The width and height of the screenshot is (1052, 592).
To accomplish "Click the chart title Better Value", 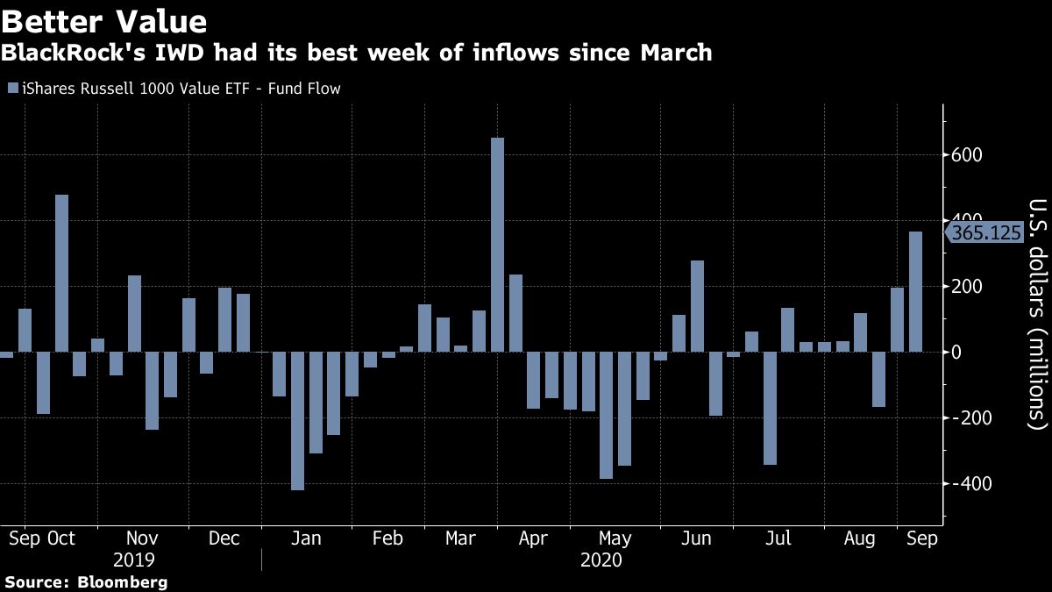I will tap(104, 21).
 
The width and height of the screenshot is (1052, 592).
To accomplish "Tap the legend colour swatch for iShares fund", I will tap(11, 89).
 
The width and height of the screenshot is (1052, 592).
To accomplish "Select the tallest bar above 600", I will tap(497, 245).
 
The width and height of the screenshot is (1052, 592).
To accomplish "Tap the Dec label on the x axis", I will tap(224, 538).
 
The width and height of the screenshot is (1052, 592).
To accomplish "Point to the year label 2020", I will tap(601, 560).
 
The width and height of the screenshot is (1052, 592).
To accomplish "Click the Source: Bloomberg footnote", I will tap(86, 582).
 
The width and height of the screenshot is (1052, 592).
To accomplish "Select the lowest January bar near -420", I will tap(297, 421).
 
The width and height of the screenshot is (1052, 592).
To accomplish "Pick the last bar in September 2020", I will tap(915, 292).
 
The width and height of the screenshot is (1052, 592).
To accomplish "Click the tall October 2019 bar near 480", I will tap(61, 274).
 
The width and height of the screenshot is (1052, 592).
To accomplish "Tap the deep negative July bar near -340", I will tap(770, 408).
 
